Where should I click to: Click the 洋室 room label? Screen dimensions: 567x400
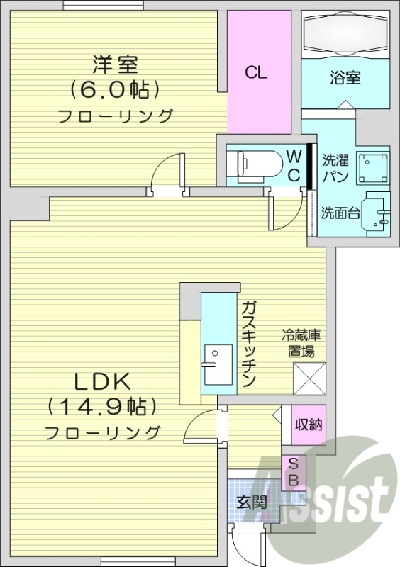(x=113, y=65)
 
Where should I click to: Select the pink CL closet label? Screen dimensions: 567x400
(x=256, y=72)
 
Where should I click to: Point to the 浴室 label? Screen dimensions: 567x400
(x=345, y=77)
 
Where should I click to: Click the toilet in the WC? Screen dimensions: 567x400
(x=254, y=165)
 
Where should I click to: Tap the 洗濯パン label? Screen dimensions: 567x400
(x=335, y=169)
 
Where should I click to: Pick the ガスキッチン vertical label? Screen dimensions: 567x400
(x=248, y=344)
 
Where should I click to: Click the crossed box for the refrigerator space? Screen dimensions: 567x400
(x=309, y=378)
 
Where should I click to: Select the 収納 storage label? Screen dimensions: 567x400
(x=309, y=425)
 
